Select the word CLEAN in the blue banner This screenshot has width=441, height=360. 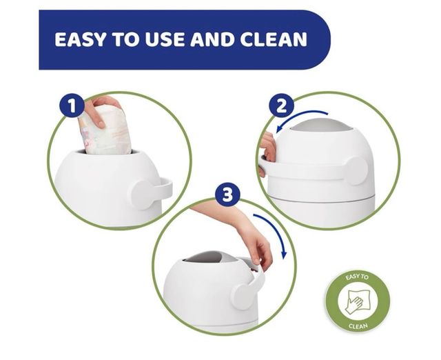pyautogui.click(x=274, y=39)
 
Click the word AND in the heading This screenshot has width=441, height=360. pyautogui.click(x=214, y=39)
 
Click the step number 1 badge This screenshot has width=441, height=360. pyautogui.click(x=72, y=106)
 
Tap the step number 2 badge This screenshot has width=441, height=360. pyautogui.click(x=281, y=106)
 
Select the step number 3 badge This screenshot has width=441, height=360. pyautogui.click(x=227, y=194)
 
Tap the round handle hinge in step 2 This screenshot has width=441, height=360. pyautogui.click(x=357, y=170)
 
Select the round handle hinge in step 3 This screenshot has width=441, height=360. pyautogui.click(x=242, y=296)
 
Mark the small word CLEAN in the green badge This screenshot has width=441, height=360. pyautogui.click(x=358, y=326)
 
